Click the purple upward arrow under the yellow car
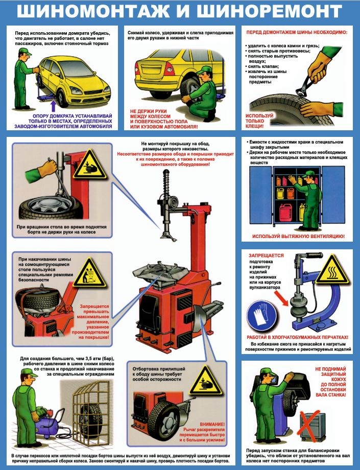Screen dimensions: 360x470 (x=53, y=106)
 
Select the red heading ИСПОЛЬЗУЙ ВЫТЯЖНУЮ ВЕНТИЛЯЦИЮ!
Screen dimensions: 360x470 (x=298, y=236)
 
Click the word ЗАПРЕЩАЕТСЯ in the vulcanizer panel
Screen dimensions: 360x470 (x=266, y=255)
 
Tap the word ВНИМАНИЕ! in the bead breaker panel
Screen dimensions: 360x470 (x=212, y=425)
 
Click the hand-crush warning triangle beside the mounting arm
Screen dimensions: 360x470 (x=90, y=165)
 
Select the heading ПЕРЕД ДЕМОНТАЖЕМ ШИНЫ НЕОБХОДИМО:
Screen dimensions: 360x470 (x=297, y=32)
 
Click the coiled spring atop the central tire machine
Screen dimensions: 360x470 (x=165, y=181)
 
